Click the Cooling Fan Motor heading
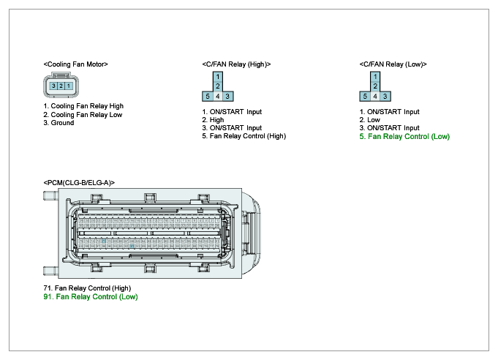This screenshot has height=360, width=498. click(76, 64)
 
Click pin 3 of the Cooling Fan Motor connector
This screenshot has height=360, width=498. click(54, 86)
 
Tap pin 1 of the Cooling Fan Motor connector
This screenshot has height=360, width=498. click(68, 86)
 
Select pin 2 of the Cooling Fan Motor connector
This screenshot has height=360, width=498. click(61, 86)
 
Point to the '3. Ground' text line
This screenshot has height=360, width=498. click(59, 123)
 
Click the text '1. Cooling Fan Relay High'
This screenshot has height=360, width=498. click(83, 106)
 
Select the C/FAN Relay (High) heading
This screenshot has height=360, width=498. click(236, 64)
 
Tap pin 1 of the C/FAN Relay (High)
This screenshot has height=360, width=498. click(218, 76)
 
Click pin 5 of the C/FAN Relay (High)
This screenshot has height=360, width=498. click(208, 96)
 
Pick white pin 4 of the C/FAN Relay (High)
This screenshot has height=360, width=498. click(218, 96)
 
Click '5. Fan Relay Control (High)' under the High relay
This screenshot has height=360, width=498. click(244, 136)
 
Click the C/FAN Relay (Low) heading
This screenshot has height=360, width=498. click(393, 64)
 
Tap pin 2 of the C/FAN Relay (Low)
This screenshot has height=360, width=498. click(375, 86)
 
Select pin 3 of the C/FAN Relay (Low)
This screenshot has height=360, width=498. click(385, 96)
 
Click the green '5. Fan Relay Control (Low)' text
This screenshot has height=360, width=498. click(404, 136)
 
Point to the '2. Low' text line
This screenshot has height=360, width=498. click(370, 120)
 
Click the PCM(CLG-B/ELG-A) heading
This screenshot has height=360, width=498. click(79, 182)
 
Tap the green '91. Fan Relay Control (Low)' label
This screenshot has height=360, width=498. click(91, 297)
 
